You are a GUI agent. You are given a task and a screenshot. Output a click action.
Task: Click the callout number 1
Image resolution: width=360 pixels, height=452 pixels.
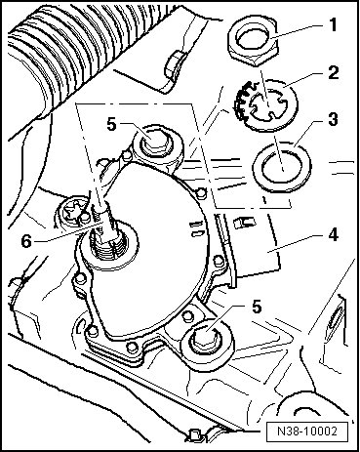[332, 25]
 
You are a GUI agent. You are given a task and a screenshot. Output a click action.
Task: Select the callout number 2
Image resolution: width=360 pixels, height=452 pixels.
[333, 73]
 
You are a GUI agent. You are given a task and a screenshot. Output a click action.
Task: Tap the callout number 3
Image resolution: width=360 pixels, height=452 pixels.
[333, 119]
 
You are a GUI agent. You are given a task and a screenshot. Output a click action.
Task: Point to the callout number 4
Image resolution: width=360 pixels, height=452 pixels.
[332, 235]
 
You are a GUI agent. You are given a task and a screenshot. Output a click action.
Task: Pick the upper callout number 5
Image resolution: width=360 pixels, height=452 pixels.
[112, 124]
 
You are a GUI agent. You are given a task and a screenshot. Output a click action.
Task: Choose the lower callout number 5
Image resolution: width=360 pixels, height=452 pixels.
[257, 307]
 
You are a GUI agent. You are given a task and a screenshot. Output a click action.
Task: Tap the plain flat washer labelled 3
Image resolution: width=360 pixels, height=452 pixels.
[282, 167]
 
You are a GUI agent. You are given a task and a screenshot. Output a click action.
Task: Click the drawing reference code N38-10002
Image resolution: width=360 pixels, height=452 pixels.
[307, 431]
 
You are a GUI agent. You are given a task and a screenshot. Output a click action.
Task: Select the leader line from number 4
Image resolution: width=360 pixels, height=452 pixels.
[291, 244]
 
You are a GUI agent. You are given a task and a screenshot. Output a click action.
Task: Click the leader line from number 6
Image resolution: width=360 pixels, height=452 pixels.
[69, 232]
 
